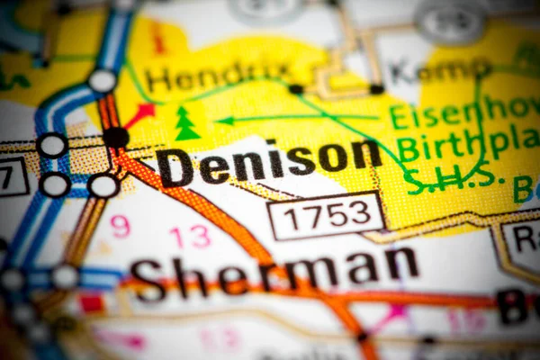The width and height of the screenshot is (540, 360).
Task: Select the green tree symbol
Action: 187,123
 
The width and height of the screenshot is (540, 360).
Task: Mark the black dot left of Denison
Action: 115,138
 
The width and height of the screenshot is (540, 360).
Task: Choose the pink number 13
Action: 189,237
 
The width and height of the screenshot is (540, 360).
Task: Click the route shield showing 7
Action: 9,176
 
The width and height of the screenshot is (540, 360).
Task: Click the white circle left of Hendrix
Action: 103,81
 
